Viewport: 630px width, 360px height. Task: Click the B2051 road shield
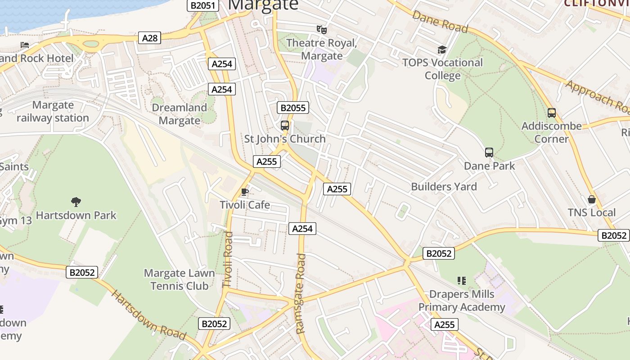203,5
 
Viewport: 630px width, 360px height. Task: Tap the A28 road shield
150,38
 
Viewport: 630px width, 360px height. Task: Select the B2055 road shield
293,108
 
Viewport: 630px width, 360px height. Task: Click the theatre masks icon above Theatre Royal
321,30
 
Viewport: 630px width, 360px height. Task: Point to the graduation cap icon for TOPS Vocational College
442,49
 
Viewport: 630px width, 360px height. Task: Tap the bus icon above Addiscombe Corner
552,113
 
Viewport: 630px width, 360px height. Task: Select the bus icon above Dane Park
489,153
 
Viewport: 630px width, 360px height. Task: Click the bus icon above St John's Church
285,126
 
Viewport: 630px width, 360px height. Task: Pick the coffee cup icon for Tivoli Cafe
245,192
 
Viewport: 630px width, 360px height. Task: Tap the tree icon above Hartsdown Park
76,202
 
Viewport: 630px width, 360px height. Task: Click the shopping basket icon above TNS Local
592,199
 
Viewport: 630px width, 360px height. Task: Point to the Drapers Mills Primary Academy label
462,301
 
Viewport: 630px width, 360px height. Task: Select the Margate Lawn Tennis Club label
179,279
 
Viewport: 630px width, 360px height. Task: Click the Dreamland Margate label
180,114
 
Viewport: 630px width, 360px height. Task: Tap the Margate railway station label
53,112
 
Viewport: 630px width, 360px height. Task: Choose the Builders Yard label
444,186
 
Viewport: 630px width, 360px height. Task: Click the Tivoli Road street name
228,259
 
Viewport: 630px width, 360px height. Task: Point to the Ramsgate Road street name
301,293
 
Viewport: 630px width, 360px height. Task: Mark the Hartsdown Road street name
148,315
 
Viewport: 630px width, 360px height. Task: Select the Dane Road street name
440,21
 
